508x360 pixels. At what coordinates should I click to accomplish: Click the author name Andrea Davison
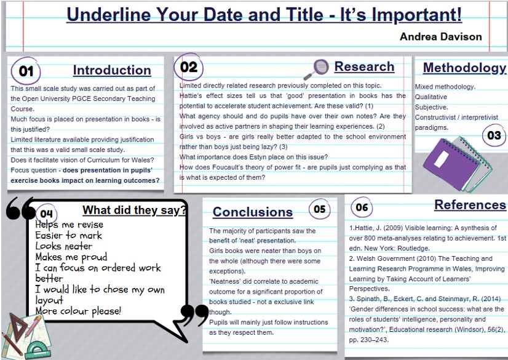point(440,37)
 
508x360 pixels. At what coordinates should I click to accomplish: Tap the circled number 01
point(26,71)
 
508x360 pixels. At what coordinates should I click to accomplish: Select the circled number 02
point(189,67)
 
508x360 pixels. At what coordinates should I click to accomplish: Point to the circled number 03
point(494,135)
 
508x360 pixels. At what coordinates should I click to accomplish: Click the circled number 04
point(46,214)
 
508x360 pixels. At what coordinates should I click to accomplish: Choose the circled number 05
point(319,209)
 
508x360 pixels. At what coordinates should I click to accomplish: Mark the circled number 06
point(362,207)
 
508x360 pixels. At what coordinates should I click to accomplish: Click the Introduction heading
point(112,70)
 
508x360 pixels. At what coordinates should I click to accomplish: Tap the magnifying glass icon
point(316,69)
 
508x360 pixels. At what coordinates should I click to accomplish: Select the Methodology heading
point(464,68)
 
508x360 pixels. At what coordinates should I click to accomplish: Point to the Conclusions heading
point(253,212)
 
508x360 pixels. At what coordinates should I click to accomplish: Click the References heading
point(470,205)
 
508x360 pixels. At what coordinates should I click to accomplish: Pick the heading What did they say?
point(135,210)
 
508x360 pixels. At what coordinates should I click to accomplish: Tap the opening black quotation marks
point(20,209)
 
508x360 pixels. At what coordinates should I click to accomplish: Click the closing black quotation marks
point(194,315)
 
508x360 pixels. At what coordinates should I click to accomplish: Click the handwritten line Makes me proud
point(71,257)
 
